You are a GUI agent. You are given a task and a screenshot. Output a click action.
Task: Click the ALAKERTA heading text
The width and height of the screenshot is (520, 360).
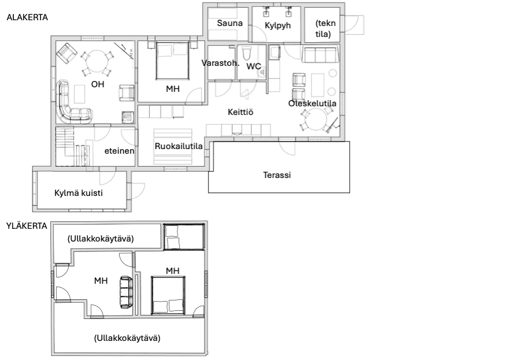pos(27,18)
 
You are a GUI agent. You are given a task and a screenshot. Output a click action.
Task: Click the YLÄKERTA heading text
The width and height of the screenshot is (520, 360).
pos(27,225)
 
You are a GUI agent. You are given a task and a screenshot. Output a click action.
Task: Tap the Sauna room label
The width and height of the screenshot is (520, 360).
pos(229,24)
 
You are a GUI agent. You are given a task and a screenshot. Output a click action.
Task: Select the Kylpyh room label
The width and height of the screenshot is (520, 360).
pos(277,26)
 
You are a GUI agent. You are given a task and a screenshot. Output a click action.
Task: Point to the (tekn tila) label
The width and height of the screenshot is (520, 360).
pos(323,29)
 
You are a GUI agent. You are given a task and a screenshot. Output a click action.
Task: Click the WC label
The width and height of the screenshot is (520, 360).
pos(254,66)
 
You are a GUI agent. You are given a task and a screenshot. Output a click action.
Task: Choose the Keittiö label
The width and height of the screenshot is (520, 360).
pos(240,112)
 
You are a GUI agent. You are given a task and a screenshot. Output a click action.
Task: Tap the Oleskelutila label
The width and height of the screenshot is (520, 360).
pos(313,103)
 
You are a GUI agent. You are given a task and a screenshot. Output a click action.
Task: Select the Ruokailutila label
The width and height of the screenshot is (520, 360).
pos(179,146)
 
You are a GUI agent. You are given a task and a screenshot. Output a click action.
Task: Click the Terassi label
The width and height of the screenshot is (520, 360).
pos(276,175)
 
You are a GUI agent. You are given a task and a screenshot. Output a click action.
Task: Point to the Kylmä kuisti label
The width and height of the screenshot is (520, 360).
pos(78,193)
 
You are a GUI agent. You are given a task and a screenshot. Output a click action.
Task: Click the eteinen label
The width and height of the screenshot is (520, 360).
pos(120,151)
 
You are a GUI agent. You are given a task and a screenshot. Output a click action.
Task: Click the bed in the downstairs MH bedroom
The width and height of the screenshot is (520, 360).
pos(172,62)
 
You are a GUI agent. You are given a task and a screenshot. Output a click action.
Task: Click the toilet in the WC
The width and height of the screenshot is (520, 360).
pos(247,55)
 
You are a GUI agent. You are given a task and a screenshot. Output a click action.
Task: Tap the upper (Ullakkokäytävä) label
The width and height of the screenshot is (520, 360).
pos(101,238)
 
